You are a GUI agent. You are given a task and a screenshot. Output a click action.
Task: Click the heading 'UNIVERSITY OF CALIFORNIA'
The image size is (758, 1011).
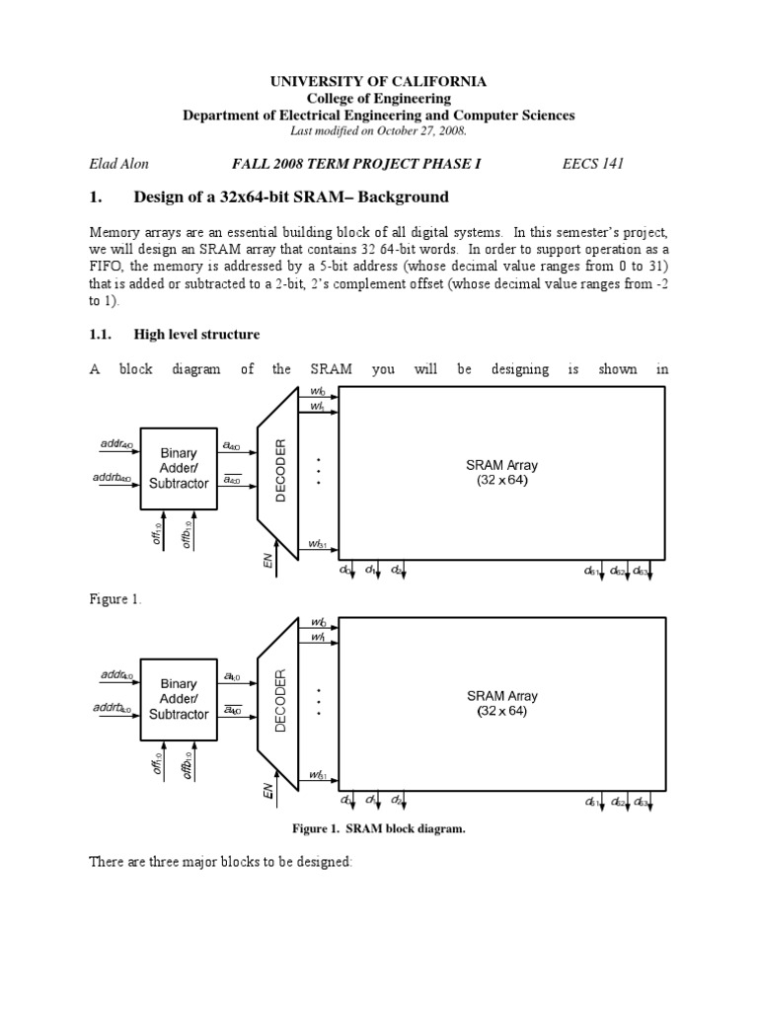pyautogui.click(x=378, y=82)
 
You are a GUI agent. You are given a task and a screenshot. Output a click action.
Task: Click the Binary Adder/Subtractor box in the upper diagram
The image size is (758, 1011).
pyautogui.click(x=179, y=468)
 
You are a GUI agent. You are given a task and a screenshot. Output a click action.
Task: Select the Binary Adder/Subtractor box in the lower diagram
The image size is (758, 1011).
pyautogui.click(x=179, y=698)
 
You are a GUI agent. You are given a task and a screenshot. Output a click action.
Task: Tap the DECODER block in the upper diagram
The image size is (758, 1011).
pyautogui.click(x=279, y=470)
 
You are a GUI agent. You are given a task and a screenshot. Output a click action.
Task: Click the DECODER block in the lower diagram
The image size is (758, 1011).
pyautogui.click(x=279, y=700)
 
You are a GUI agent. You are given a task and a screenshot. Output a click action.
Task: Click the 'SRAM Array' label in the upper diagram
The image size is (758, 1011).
pyautogui.click(x=503, y=464)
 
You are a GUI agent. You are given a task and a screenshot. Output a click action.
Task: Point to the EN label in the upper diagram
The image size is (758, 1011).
pyautogui.click(x=266, y=561)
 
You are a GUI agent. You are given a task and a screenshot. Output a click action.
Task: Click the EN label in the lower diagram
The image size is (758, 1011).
pyautogui.click(x=266, y=791)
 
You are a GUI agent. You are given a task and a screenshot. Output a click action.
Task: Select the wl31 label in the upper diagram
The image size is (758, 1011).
pyautogui.click(x=317, y=544)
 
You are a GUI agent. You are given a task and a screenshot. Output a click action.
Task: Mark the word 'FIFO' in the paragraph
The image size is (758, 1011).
pyautogui.click(x=108, y=265)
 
